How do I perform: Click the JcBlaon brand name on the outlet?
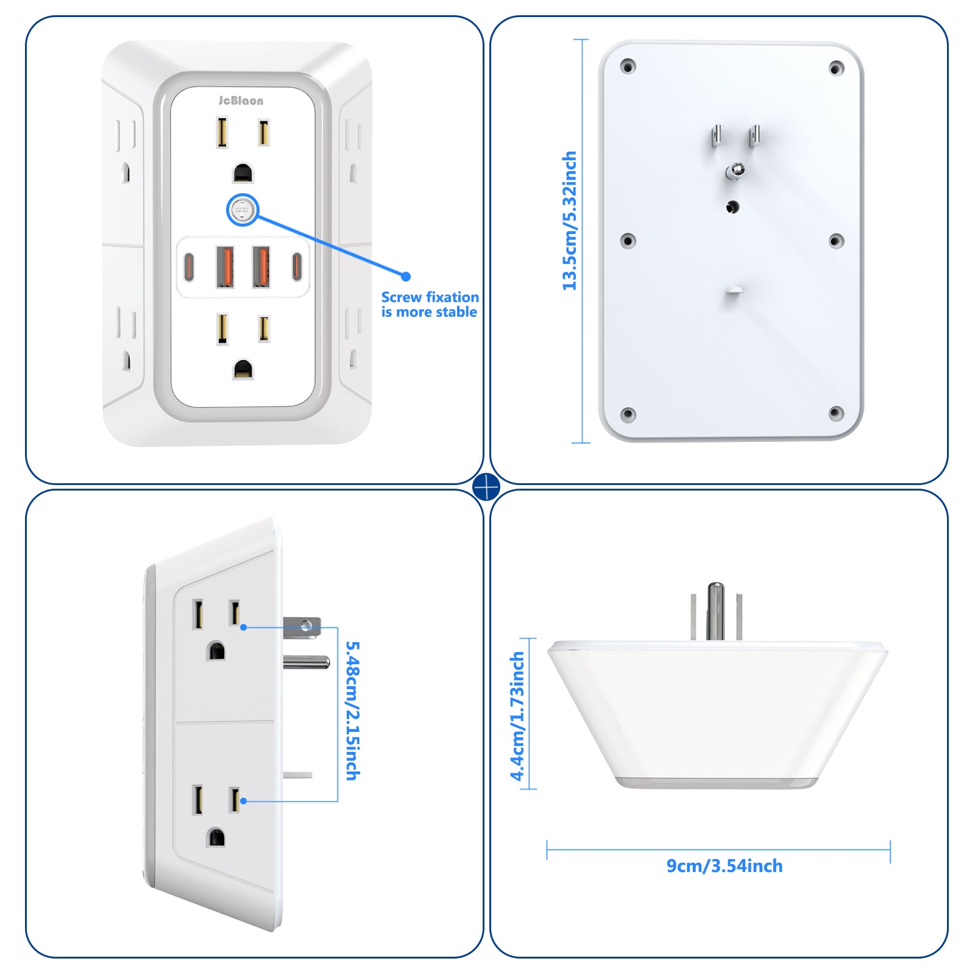[x=241, y=101]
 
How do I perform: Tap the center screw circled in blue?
[x=243, y=211]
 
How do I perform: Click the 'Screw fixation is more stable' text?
[x=430, y=305]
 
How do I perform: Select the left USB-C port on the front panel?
[x=189, y=266]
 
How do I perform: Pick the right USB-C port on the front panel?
[x=297, y=266]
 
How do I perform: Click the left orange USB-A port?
[x=225, y=266]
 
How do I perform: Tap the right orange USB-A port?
[x=261, y=266]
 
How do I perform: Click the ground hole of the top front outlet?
[x=243, y=173]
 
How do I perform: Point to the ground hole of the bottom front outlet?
[x=243, y=369]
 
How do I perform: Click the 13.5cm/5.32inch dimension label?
[x=569, y=221]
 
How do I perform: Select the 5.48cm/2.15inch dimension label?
[x=353, y=711]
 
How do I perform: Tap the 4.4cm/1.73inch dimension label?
[x=517, y=716]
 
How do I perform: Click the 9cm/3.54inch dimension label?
[x=725, y=866]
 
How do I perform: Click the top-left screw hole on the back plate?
[x=628, y=66]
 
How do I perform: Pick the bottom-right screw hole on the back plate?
[x=836, y=413]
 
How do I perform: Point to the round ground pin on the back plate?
[x=734, y=171]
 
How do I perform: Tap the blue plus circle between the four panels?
[x=486, y=487]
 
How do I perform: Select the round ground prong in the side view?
[x=307, y=662]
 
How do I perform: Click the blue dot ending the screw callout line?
[x=406, y=276]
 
